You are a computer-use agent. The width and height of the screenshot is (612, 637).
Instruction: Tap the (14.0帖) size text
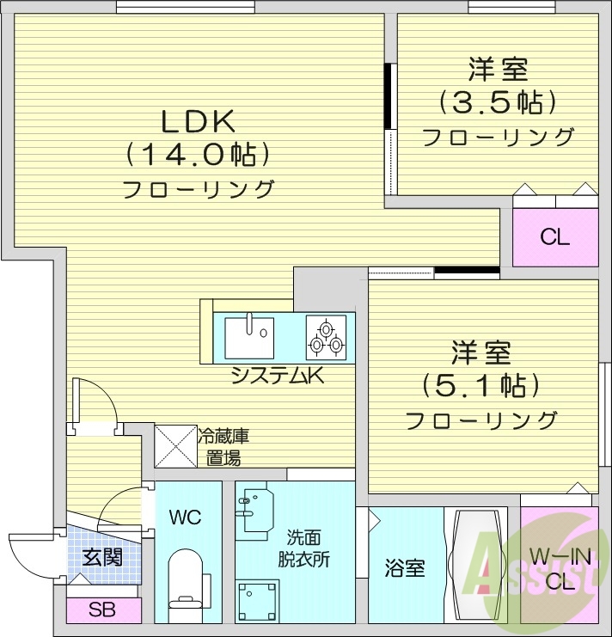click(199, 155)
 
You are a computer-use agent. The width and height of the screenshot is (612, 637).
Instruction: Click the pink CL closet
click(554, 236)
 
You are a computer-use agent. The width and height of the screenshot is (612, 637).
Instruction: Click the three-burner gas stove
click(327, 336)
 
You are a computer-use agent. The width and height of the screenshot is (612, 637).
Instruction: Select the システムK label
click(276, 376)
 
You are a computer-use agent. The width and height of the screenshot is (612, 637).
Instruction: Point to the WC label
click(185, 518)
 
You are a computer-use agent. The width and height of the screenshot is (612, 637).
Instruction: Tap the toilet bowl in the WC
click(184, 585)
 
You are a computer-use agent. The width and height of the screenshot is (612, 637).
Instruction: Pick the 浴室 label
click(404, 567)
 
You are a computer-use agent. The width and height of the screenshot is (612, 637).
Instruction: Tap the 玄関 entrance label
click(101, 556)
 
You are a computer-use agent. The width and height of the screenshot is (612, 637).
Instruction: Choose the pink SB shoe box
click(104, 611)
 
